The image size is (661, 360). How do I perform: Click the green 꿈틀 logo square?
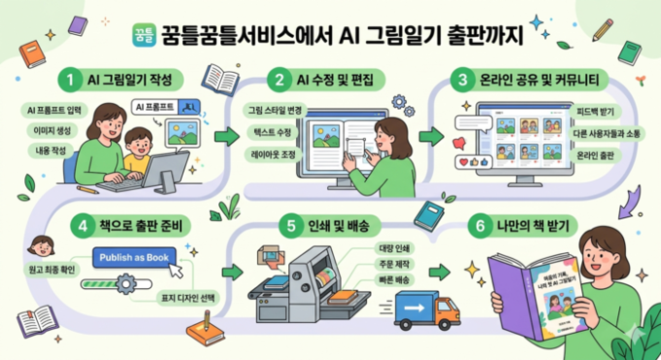point(142,36)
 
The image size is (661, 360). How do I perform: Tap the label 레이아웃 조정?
point(274,154)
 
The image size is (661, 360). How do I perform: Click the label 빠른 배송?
point(396,281)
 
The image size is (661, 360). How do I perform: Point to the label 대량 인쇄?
point(396,247)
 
